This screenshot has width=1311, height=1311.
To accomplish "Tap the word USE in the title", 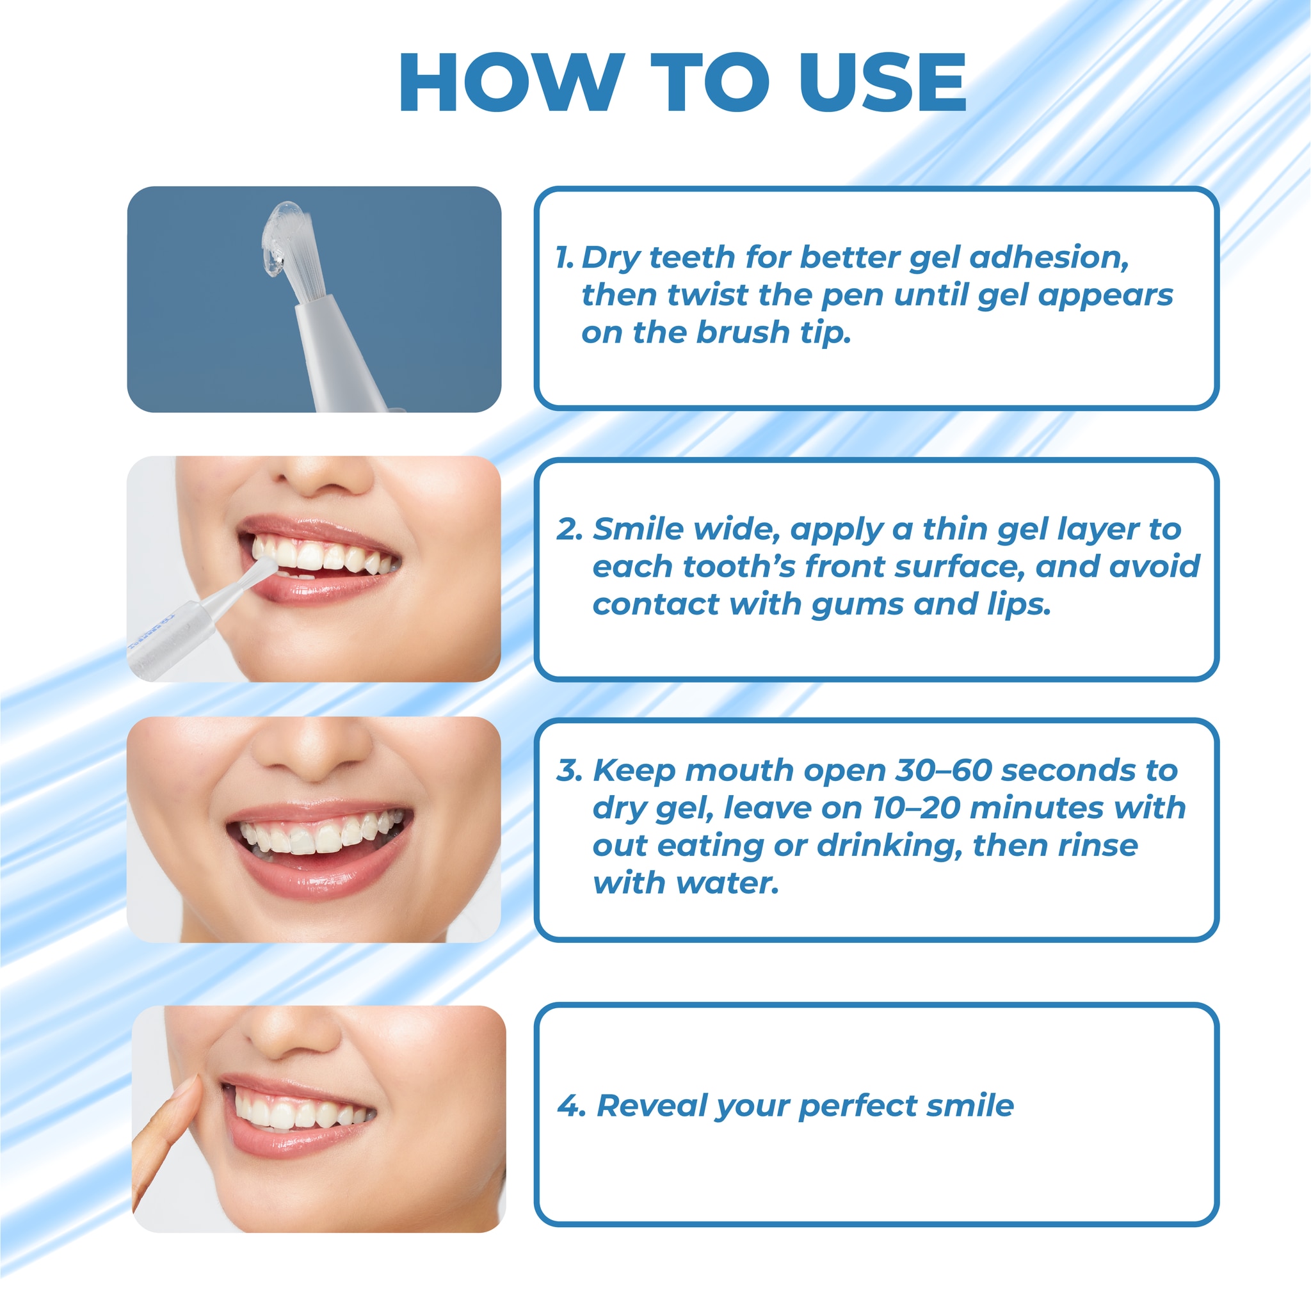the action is pyautogui.click(x=883, y=82).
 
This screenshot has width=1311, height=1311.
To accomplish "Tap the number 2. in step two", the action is pyautogui.click(x=570, y=530).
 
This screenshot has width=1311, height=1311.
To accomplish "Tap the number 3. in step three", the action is pyautogui.click(x=570, y=771).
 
